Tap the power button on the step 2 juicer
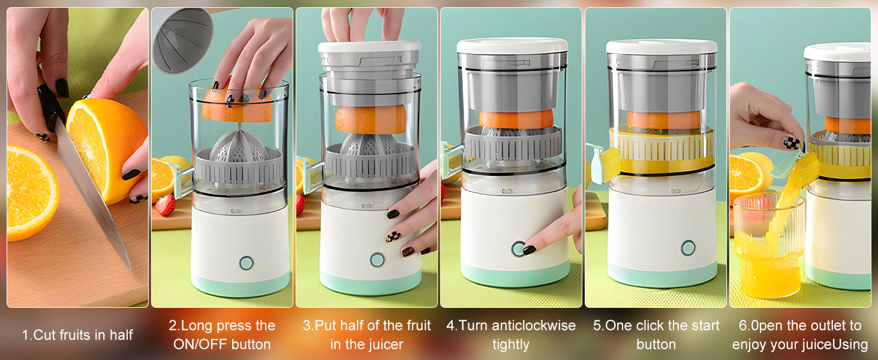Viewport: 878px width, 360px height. [x=246, y=262]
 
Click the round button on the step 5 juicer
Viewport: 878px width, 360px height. [x=688, y=248]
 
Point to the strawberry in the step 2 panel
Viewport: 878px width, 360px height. [x=165, y=205]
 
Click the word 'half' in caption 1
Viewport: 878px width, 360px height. [x=121, y=335]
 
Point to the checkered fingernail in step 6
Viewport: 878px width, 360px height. [x=792, y=143]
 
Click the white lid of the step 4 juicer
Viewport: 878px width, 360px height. [x=512, y=46]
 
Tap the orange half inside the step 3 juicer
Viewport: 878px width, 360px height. [x=371, y=119]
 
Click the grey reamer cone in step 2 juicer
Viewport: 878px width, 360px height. [x=238, y=146]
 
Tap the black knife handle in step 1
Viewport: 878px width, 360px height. [x=51, y=107]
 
